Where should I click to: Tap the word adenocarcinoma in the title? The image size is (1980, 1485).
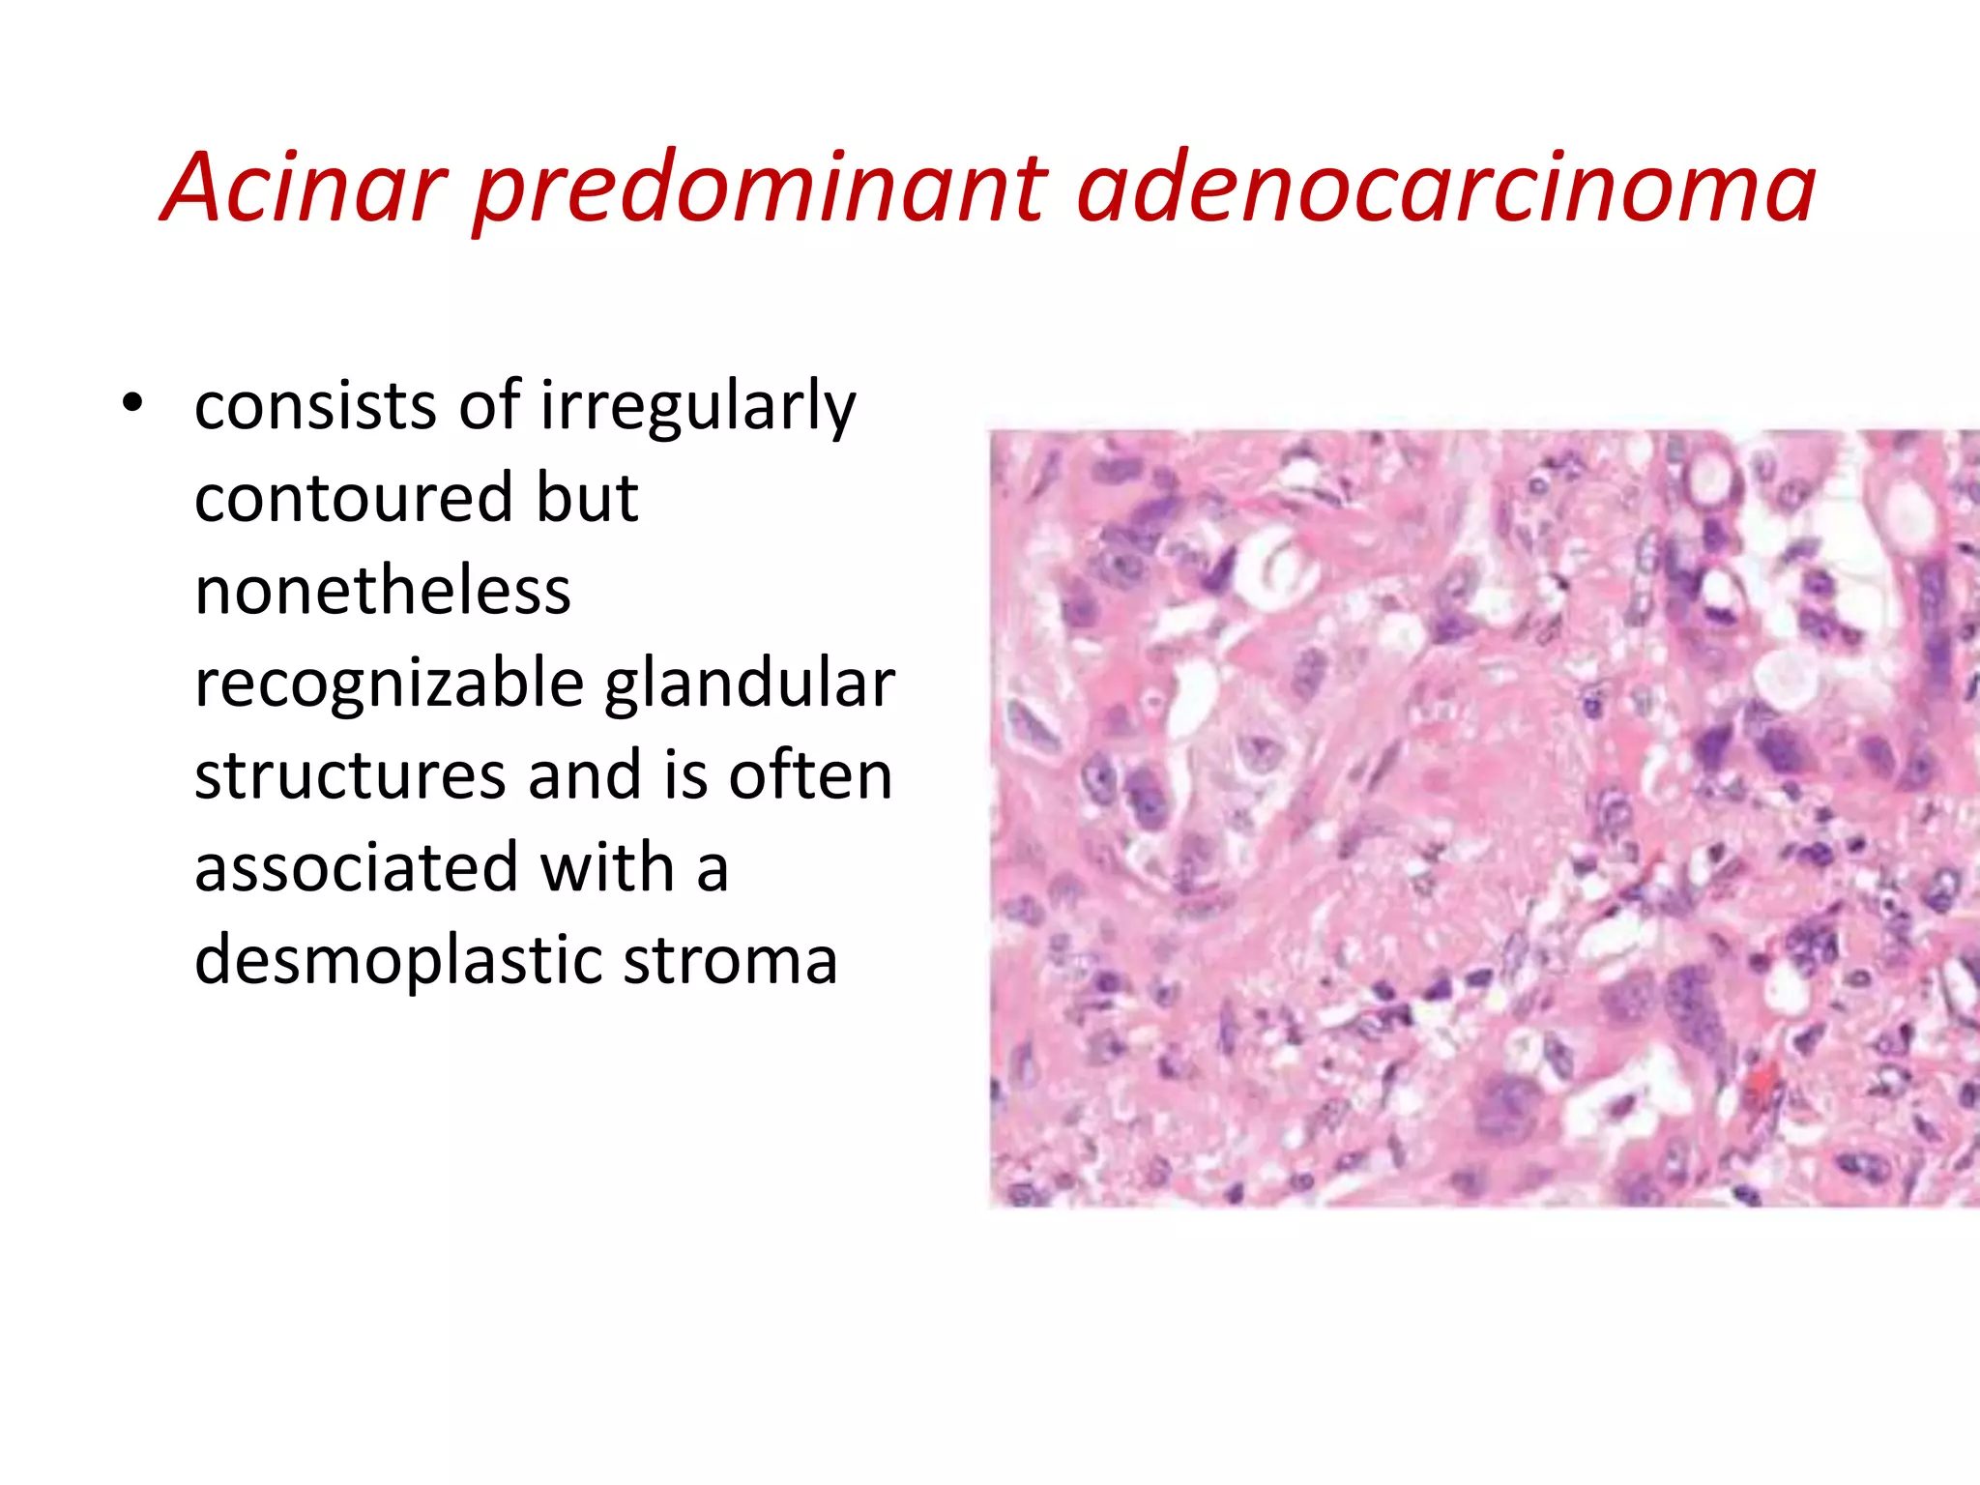[1445, 189]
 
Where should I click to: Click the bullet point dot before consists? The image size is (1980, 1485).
[132, 404]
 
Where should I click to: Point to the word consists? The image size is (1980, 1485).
[315, 406]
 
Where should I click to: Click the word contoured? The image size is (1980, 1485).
[353, 498]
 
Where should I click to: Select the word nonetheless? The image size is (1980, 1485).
[383, 591]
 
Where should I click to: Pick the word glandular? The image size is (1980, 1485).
[750, 684]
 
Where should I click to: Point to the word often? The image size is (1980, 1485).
[810, 775]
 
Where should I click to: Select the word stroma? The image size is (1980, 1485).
[730, 960]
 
